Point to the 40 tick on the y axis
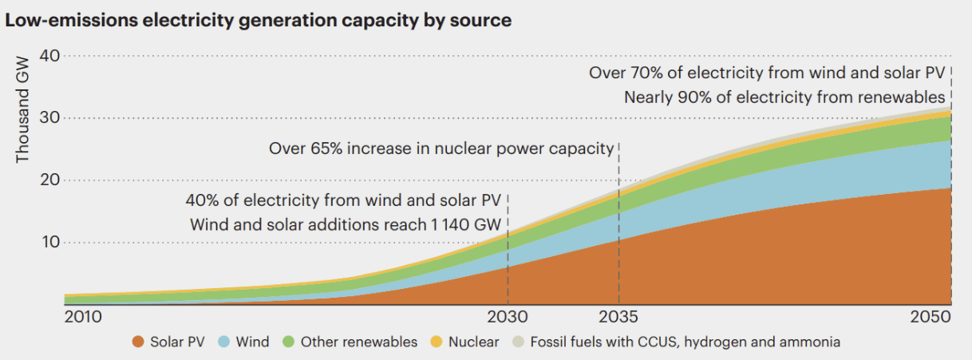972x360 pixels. [49, 55]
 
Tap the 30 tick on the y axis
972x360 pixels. [49, 117]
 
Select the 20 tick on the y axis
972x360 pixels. [49, 180]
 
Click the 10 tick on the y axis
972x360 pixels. [49, 242]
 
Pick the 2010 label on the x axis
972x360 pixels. [82, 317]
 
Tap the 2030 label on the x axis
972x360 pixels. [508, 317]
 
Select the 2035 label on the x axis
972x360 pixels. [618, 317]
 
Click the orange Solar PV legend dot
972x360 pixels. [137, 342]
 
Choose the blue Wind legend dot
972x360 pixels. [224, 342]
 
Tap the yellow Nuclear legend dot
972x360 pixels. [437, 342]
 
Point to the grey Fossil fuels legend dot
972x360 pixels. [518, 342]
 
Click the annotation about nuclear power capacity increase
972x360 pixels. [441, 148]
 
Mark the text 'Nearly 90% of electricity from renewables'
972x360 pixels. [784, 97]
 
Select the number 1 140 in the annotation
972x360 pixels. [452, 225]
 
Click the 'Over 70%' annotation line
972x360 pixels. [767, 73]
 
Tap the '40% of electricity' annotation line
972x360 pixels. [343, 200]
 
